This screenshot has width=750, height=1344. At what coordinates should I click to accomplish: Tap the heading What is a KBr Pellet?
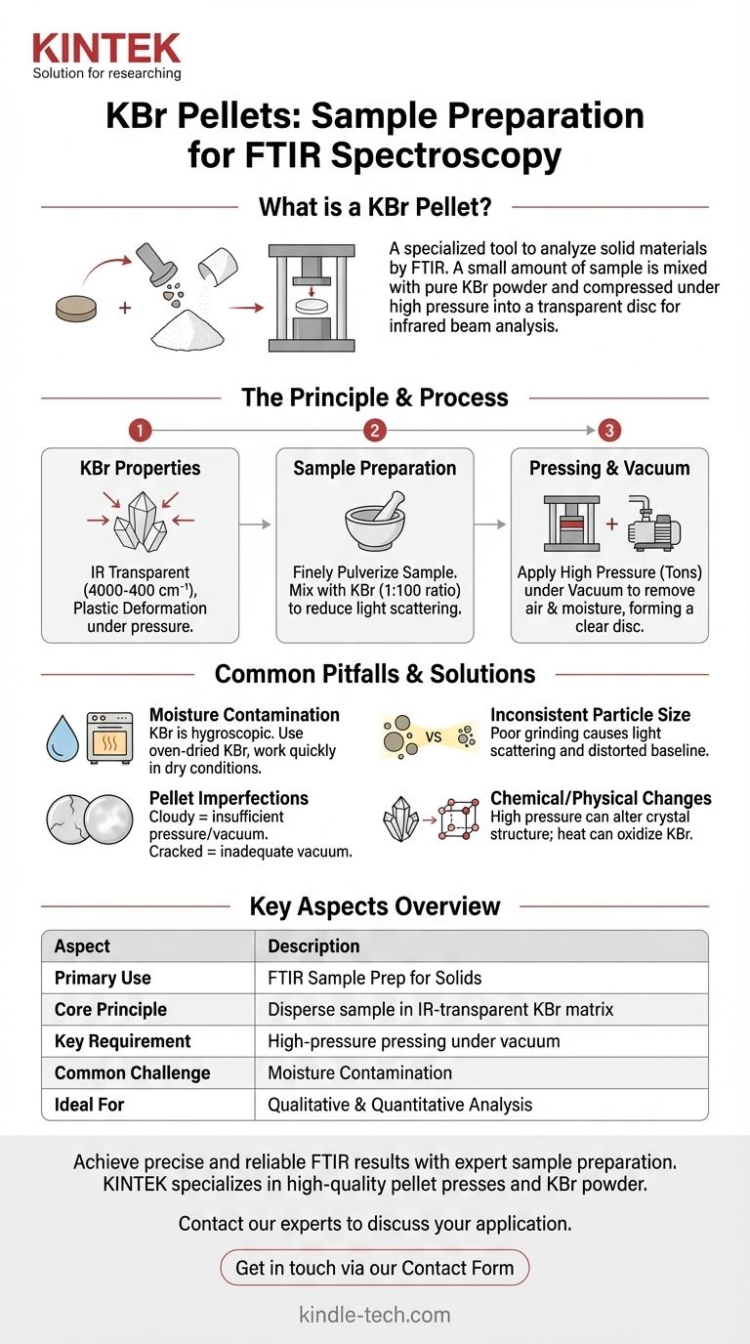tap(375, 207)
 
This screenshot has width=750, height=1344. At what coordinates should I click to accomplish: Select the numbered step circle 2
tap(375, 431)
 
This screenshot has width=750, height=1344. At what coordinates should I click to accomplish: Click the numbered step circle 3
tap(609, 431)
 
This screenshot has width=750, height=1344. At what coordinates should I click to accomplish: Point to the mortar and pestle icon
tap(375, 524)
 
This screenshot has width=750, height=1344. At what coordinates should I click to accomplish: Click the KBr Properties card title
tap(140, 469)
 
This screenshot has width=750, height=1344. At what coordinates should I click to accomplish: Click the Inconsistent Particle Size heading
tap(590, 715)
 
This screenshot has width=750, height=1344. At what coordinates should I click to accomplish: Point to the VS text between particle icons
tap(434, 737)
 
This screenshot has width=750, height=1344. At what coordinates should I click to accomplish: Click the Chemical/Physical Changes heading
tap(601, 798)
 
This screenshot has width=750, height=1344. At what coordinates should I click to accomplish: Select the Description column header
tap(313, 945)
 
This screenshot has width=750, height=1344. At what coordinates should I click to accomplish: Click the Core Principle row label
tap(110, 1009)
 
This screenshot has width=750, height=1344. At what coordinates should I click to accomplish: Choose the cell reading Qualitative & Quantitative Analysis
tap(400, 1104)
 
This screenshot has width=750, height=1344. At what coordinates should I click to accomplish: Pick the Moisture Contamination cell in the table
tap(359, 1072)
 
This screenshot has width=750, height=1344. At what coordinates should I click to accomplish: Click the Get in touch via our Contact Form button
tap(375, 1268)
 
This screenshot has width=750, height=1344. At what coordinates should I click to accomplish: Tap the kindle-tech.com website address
tap(375, 1315)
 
